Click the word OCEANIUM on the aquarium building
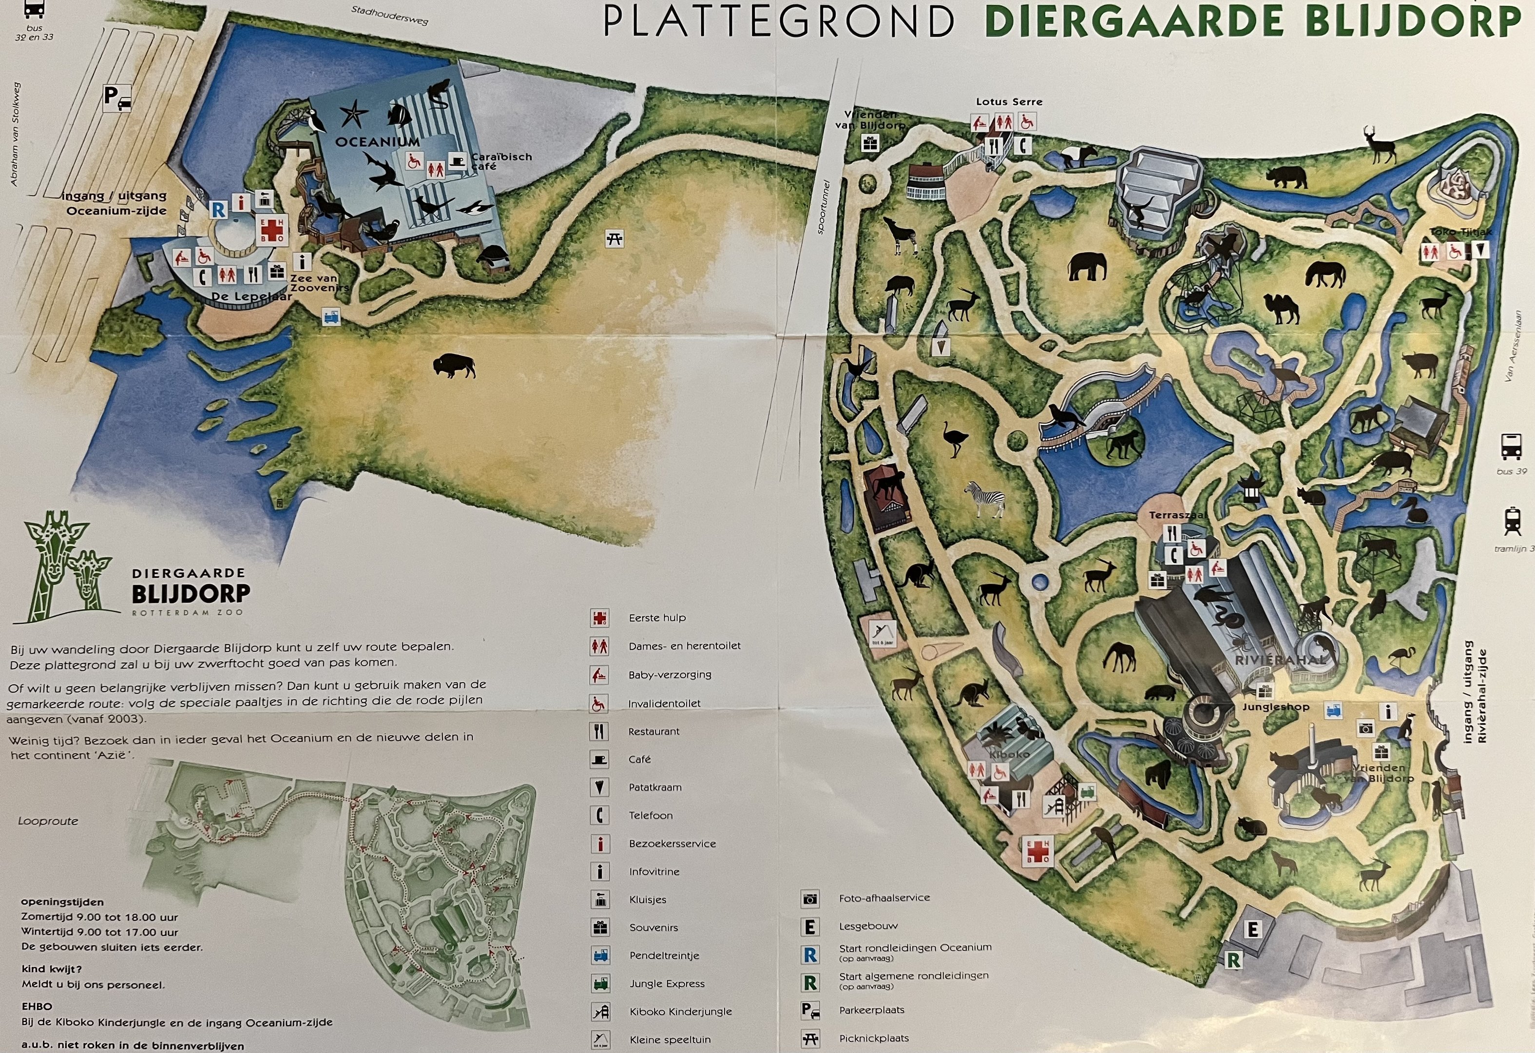[377, 142]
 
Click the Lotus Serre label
[1009, 102]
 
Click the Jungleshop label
[1275, 706]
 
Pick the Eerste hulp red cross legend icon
[599, 618]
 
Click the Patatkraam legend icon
[599, 787]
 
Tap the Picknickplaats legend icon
[810, 1038]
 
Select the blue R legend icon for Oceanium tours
[810, 955]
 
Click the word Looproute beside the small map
[48, 821]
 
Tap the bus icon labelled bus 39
[1511, 446]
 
